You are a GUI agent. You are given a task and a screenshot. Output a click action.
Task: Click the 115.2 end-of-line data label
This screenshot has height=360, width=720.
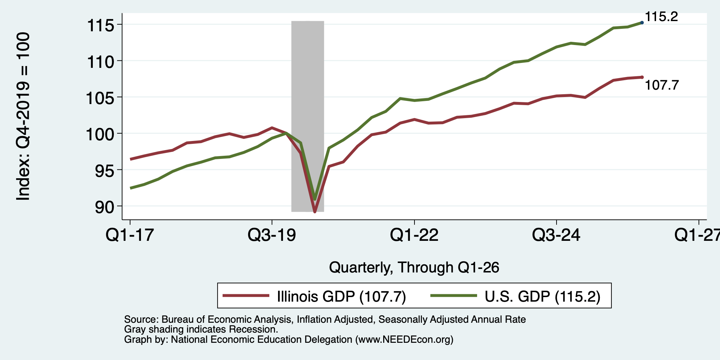(661, 17)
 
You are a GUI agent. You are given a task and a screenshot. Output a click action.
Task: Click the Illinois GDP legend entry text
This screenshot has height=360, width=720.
(341, 296)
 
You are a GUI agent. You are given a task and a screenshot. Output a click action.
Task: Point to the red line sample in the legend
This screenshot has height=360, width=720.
(246, 296)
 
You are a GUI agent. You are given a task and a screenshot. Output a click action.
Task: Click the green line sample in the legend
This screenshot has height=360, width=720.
(454, 296)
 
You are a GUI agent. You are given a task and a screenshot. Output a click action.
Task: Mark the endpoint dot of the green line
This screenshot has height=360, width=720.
(642, 22)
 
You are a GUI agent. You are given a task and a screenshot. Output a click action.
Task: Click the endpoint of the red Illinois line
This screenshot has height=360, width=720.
(642, 77)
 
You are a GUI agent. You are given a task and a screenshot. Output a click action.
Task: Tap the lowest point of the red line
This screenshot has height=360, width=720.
(315, 212)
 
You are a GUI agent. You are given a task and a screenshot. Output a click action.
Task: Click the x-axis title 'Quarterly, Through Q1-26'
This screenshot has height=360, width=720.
(414, 268)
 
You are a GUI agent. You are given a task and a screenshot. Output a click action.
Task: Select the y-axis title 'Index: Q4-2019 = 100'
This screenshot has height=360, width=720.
(23, 116)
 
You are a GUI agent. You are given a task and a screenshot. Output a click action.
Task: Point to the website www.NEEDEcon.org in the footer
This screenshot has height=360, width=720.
(404, 340)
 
